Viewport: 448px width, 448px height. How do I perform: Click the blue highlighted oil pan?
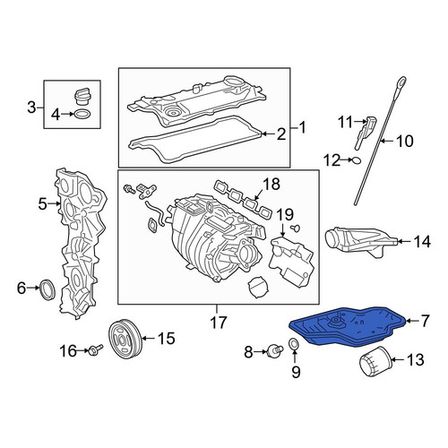[348, 328]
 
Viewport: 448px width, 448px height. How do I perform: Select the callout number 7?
[425, 321]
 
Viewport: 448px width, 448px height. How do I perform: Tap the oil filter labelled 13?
[375, 361]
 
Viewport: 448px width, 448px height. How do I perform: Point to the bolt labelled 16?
[95, 349]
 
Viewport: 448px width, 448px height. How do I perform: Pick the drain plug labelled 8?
[275, 350]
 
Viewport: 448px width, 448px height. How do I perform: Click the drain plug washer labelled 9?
[294, 344]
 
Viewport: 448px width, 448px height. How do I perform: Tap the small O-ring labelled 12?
[357, 160]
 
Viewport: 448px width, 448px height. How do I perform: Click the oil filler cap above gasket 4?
[82, 96]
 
